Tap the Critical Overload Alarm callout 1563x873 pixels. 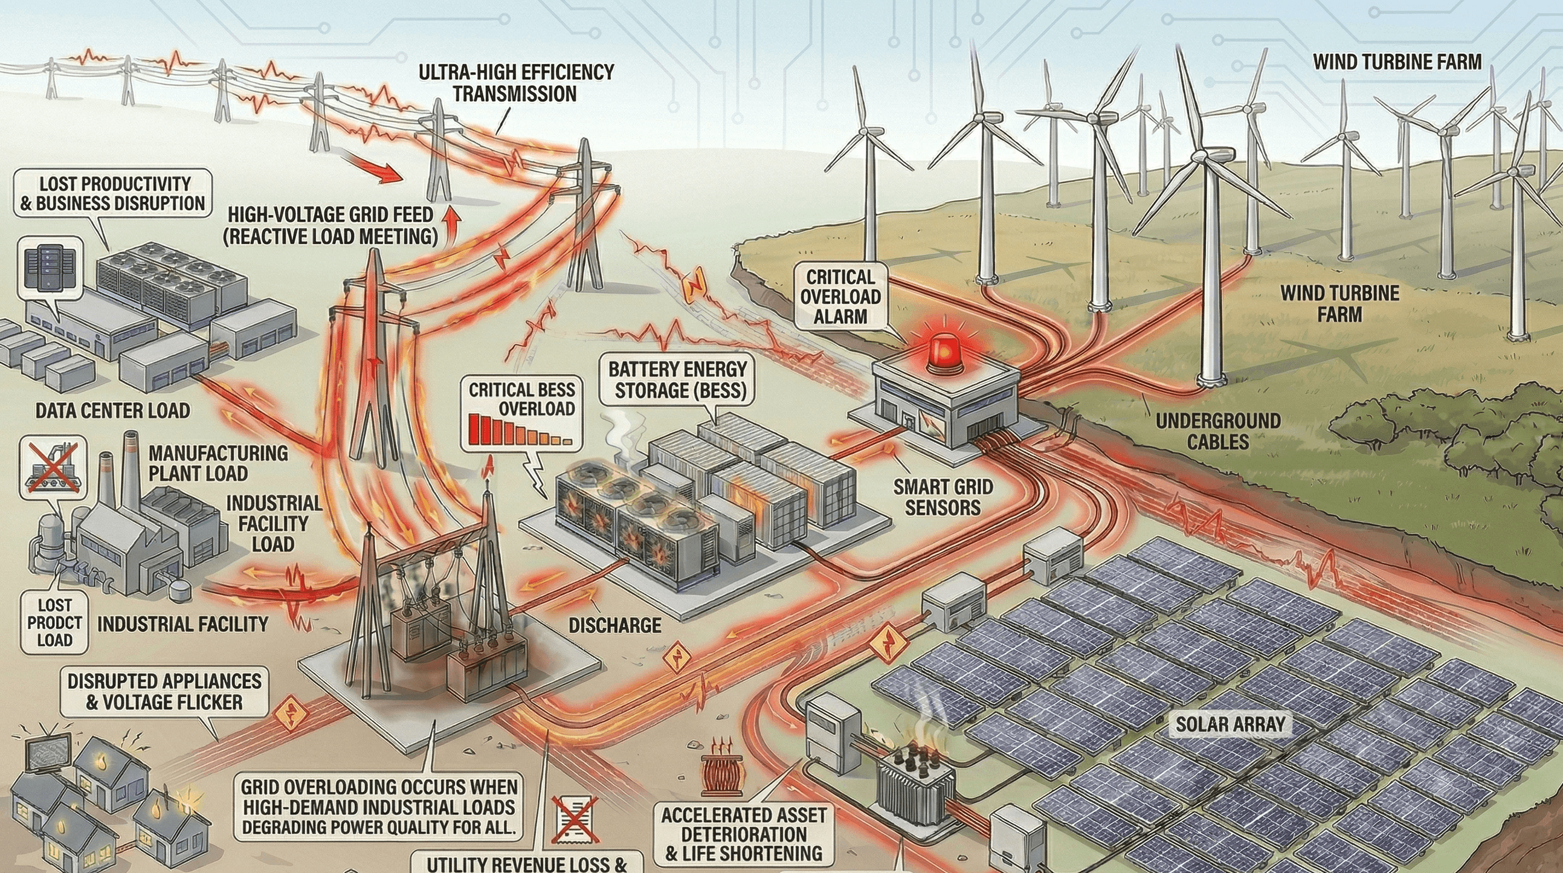840,297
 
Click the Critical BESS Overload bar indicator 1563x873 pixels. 521,431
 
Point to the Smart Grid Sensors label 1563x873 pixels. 943,496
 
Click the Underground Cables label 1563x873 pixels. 1217,431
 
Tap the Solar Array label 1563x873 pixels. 1231,724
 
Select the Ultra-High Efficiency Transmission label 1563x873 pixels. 516,83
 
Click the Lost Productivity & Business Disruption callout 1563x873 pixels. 112,193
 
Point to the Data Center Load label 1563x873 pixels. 112,411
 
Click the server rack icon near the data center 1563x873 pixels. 51,267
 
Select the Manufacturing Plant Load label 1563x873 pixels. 218,463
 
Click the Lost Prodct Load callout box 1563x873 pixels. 54,622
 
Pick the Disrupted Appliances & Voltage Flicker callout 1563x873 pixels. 164,691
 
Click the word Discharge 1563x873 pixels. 614,625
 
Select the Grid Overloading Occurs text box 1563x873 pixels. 379,807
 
